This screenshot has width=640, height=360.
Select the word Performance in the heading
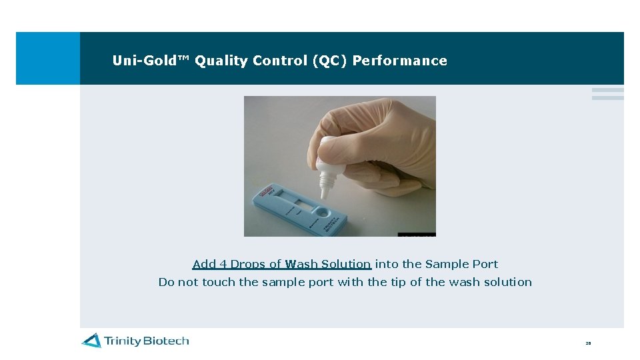tap(399, 61)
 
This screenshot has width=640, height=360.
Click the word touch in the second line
tap(219, 282)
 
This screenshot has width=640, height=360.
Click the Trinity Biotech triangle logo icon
tap(92, 341)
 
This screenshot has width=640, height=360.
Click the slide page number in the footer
tap(588, 343)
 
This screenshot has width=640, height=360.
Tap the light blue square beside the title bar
tap(47, 58)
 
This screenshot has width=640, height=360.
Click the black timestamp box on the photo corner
tap(417, 234)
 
